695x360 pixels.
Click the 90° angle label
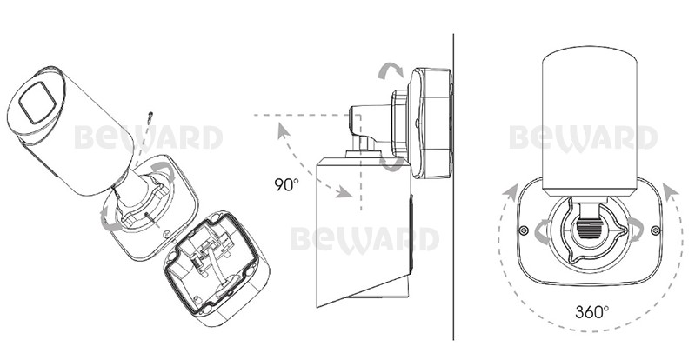point(286,184)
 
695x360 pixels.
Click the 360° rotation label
point(591,311)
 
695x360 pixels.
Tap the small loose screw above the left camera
point(150,117)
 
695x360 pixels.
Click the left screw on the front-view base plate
point(524,230)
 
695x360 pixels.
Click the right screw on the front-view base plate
point(655,230)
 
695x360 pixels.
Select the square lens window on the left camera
point(37,103)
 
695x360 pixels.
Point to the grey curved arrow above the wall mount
point(391,70)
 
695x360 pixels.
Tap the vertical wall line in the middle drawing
point(453,187)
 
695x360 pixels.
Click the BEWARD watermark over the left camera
point(148,137)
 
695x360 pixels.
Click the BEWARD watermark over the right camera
point(583,138)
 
